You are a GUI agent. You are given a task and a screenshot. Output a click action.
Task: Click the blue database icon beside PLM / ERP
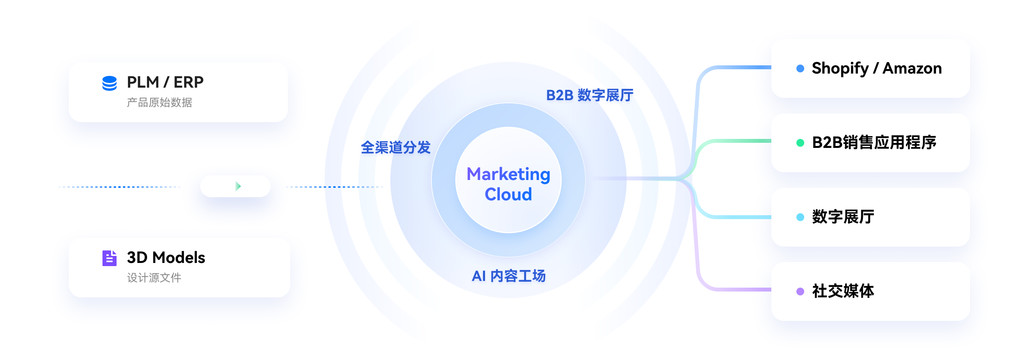tap(110, 83)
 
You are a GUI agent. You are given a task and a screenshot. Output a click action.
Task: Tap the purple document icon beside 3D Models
tap(110, 258)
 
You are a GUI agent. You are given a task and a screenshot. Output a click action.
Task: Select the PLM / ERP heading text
tap(165, 82)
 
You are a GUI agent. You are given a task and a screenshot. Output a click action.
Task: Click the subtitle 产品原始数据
tap(160, 103)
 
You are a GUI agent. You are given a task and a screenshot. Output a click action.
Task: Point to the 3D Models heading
tap(166, 257)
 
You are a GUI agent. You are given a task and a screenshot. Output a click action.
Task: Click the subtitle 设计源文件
tap(154, 278)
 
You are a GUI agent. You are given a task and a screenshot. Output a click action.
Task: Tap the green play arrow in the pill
tap(238, 186)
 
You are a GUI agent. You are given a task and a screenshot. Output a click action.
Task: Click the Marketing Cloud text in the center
tap(508, 184)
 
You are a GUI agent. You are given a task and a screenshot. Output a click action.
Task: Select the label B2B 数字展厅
tap(589, 95)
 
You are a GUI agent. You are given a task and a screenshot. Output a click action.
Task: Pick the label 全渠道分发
tap(395, 147)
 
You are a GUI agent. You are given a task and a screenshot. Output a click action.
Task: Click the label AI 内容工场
tap(508, 276)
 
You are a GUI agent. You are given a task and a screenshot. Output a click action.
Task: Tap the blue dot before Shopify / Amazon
tap(800, 69)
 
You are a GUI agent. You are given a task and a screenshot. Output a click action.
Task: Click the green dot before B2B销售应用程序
tap(800, 143)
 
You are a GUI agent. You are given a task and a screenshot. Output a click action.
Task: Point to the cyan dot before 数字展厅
tap(800, 217)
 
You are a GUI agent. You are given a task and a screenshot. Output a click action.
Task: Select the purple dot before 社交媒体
tap(800, 291)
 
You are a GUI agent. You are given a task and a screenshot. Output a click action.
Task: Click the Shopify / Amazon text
tap(877, 68)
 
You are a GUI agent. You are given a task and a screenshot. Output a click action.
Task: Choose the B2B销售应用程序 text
tap(874, 142)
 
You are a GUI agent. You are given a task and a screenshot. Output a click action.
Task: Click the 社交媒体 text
tap(843, 291)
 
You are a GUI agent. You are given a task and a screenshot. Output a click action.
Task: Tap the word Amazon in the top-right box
tap(912, 68)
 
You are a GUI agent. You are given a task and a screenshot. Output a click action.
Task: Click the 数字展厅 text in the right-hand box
tap(843, 217)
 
